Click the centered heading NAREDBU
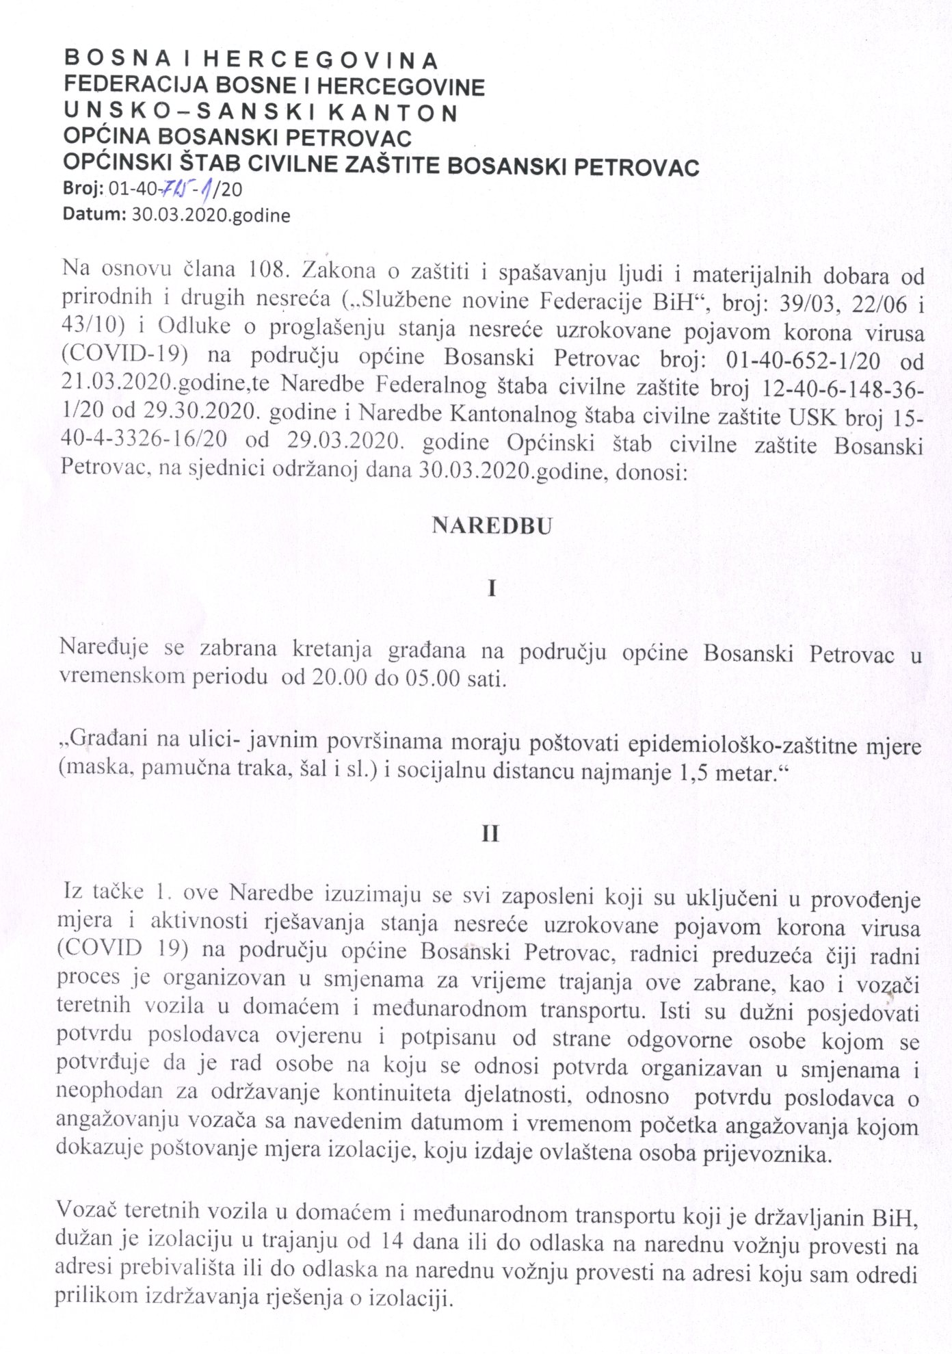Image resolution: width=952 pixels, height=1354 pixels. (491, 526)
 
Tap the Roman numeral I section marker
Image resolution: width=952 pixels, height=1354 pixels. (492, 589)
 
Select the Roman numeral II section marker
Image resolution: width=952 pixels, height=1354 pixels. (491, 834)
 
